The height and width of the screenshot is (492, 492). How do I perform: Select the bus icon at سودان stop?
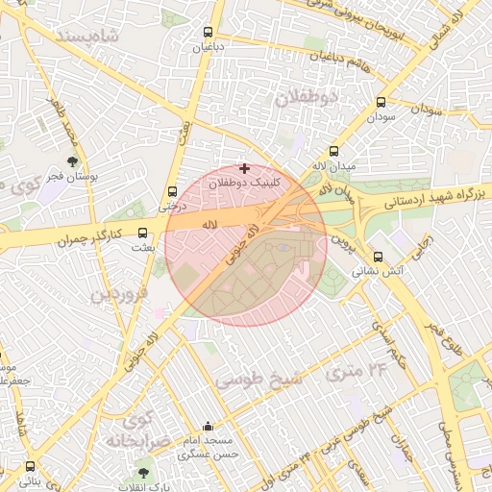(x=381, y=103)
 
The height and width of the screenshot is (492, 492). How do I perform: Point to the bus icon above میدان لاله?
(x=333, y=151)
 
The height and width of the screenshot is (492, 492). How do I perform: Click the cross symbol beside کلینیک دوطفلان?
(x=244, y=167)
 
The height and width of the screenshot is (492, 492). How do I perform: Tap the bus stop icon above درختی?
(x=172, y=191)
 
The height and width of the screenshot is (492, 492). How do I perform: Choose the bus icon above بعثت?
(x=143, y=233)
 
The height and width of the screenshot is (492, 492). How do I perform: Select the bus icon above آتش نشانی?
(x=378, y=257)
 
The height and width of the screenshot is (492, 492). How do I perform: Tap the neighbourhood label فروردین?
(x=119, y=294)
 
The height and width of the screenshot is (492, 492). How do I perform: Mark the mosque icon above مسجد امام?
(x=208, y=426)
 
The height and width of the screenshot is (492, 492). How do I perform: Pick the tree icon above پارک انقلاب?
(x=143, y=472)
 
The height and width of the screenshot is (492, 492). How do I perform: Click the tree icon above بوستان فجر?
(x=73, y=161)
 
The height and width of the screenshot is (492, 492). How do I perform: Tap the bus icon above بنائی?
(x=29, y=467)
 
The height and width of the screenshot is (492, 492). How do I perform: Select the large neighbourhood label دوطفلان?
(x=307, y=99)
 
